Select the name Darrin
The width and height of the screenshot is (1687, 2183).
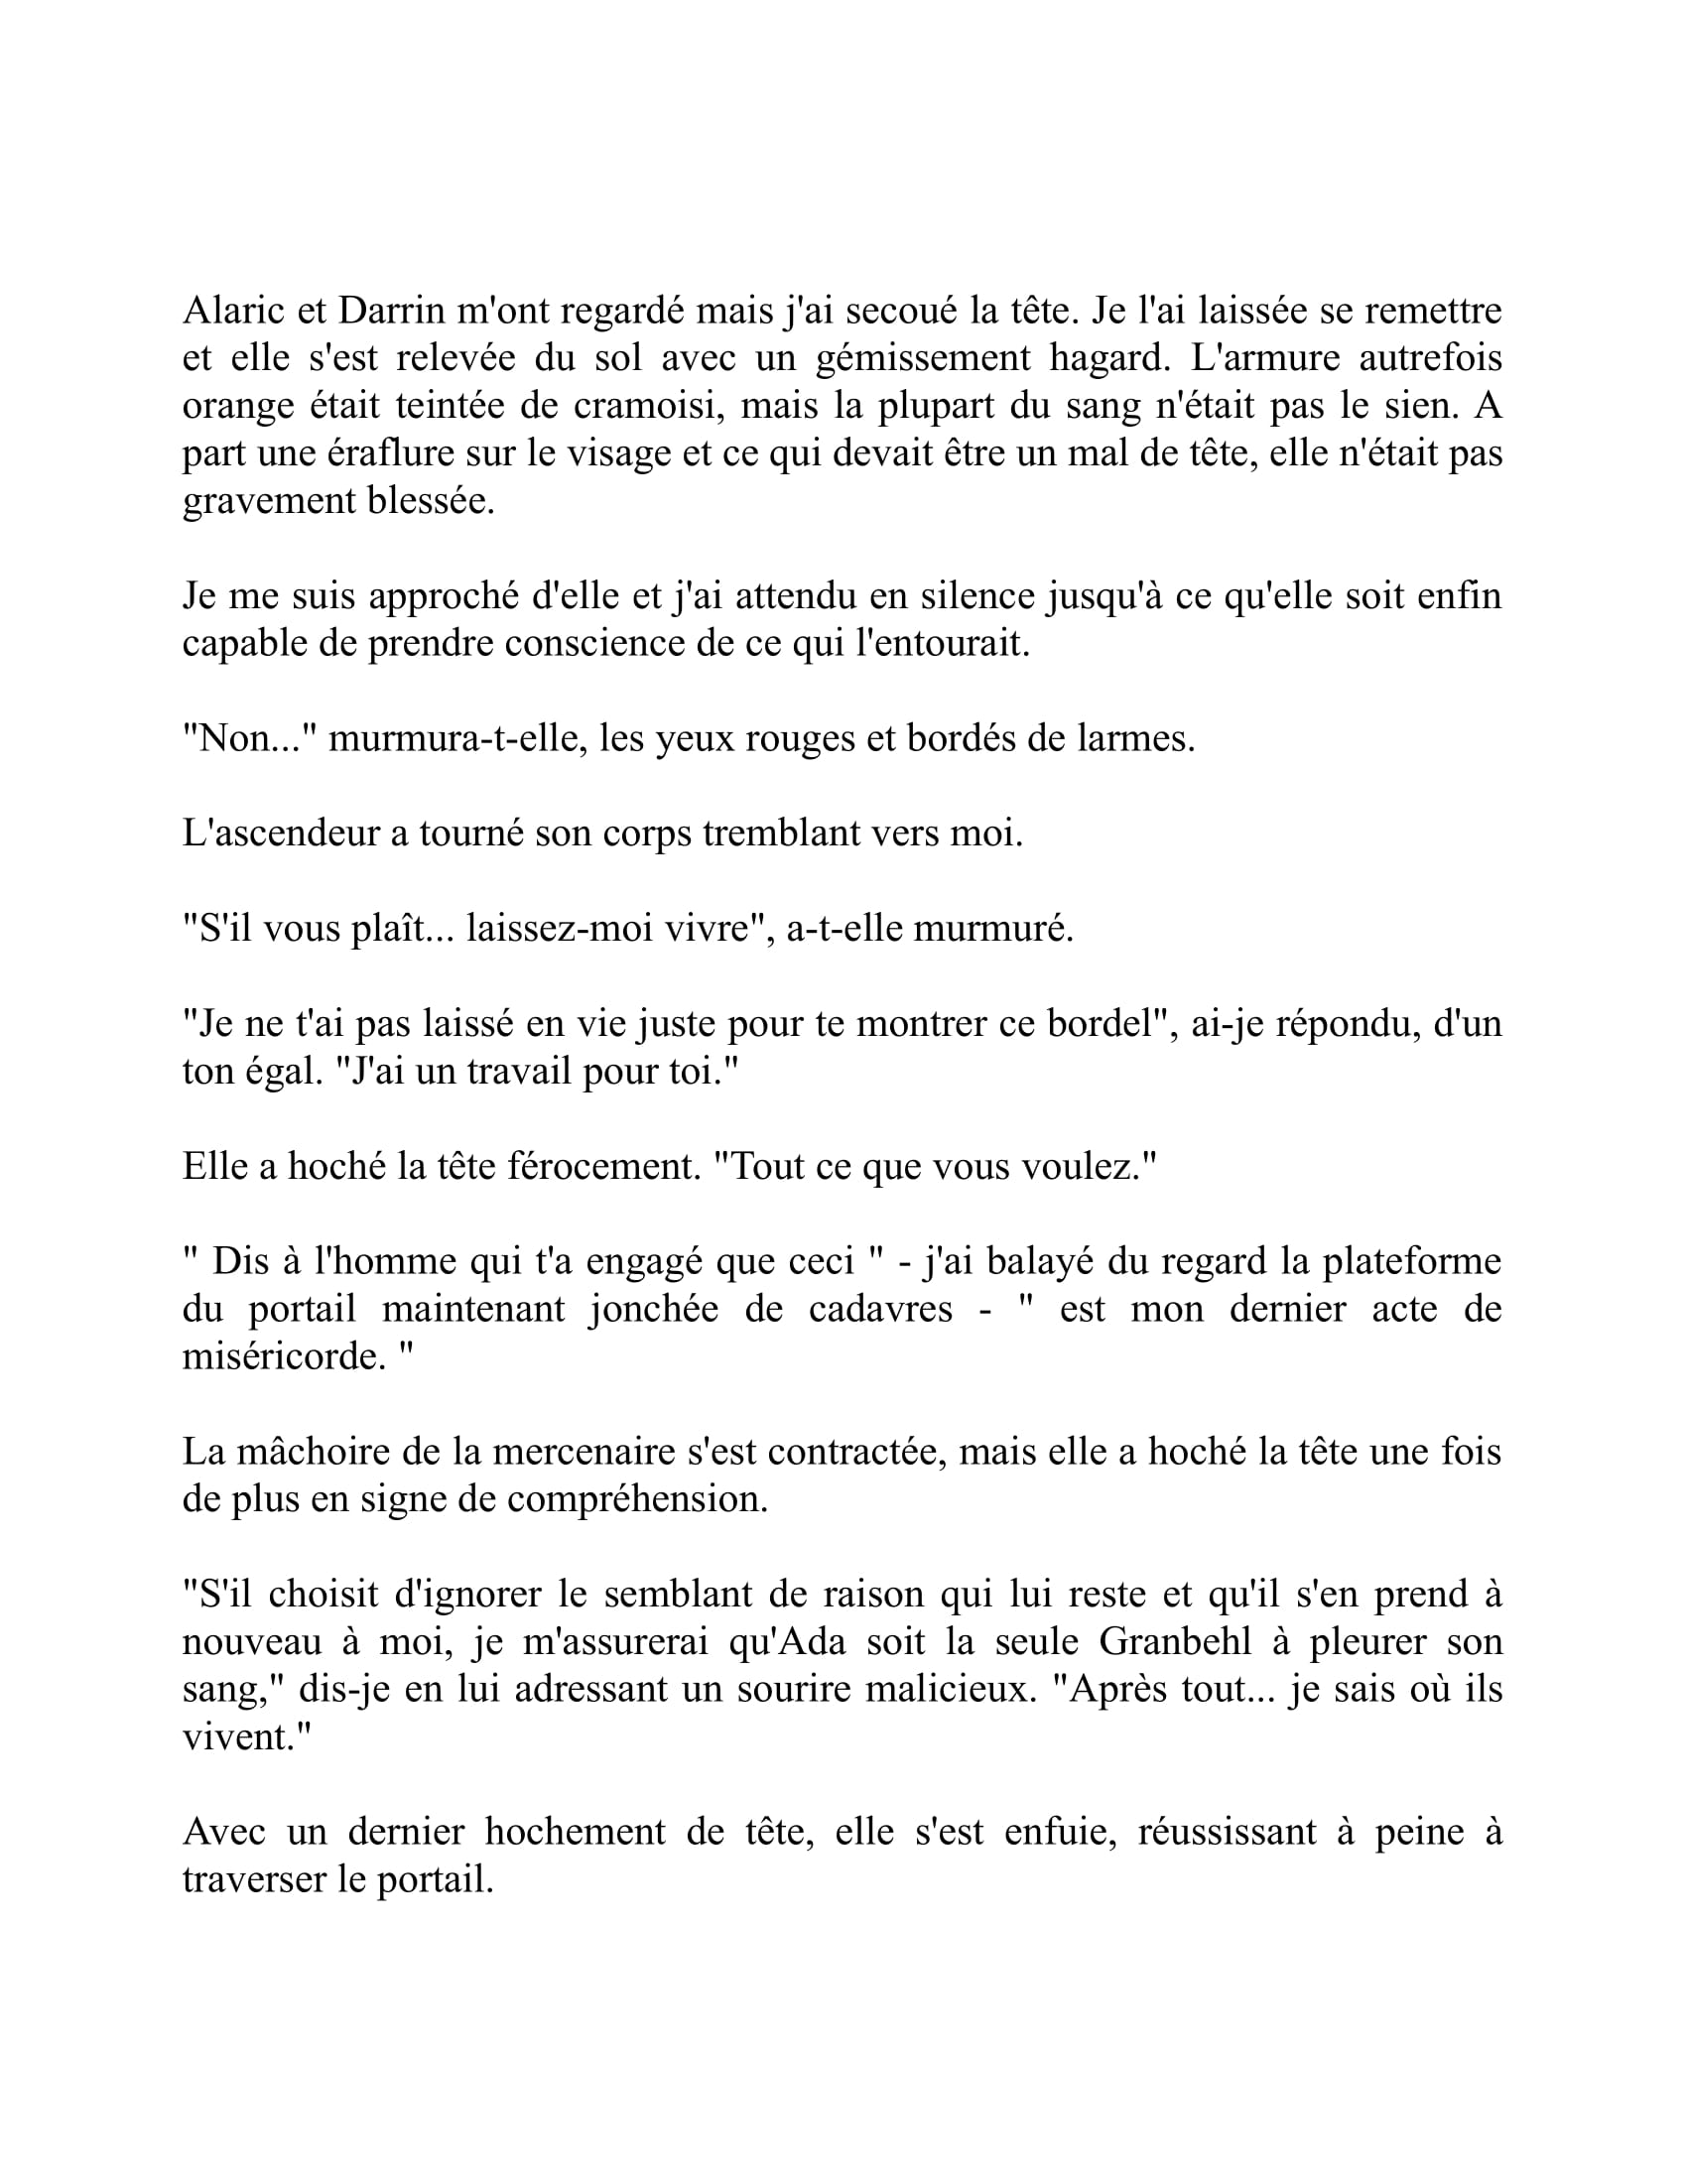(x=391, y=311)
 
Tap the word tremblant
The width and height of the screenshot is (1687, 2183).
(x=769, y=834)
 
